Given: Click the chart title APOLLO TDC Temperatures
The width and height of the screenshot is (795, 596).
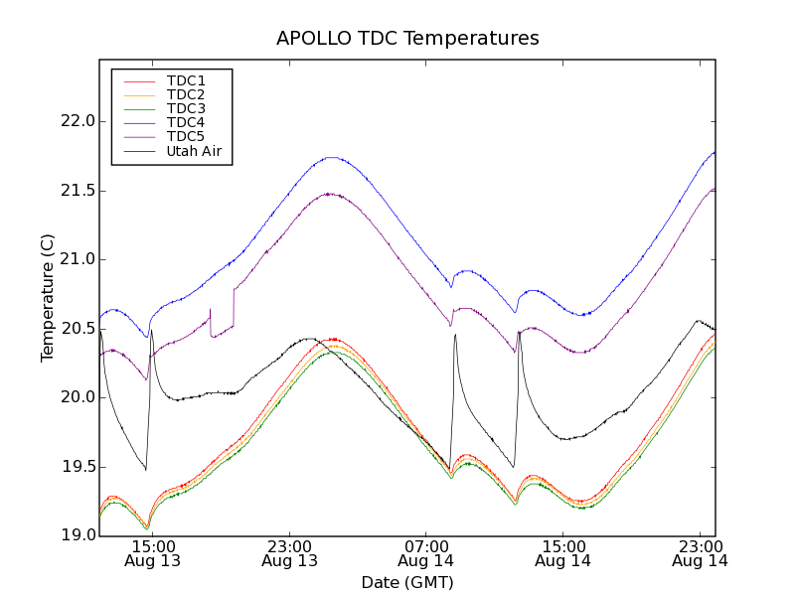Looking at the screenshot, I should pos(407,39).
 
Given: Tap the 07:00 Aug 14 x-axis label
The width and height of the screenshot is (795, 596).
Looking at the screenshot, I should pos(426,553).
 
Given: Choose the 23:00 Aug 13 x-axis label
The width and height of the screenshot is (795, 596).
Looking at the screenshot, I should pos(289,553).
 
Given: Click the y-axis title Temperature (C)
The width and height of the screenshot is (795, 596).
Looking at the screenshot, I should pos(47,298).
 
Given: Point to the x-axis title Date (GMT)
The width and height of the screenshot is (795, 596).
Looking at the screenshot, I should pos(407,582).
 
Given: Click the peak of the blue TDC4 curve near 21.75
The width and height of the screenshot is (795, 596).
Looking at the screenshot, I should pos(332,157).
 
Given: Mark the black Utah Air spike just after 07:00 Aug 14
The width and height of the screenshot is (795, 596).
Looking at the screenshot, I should pos(455,335).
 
